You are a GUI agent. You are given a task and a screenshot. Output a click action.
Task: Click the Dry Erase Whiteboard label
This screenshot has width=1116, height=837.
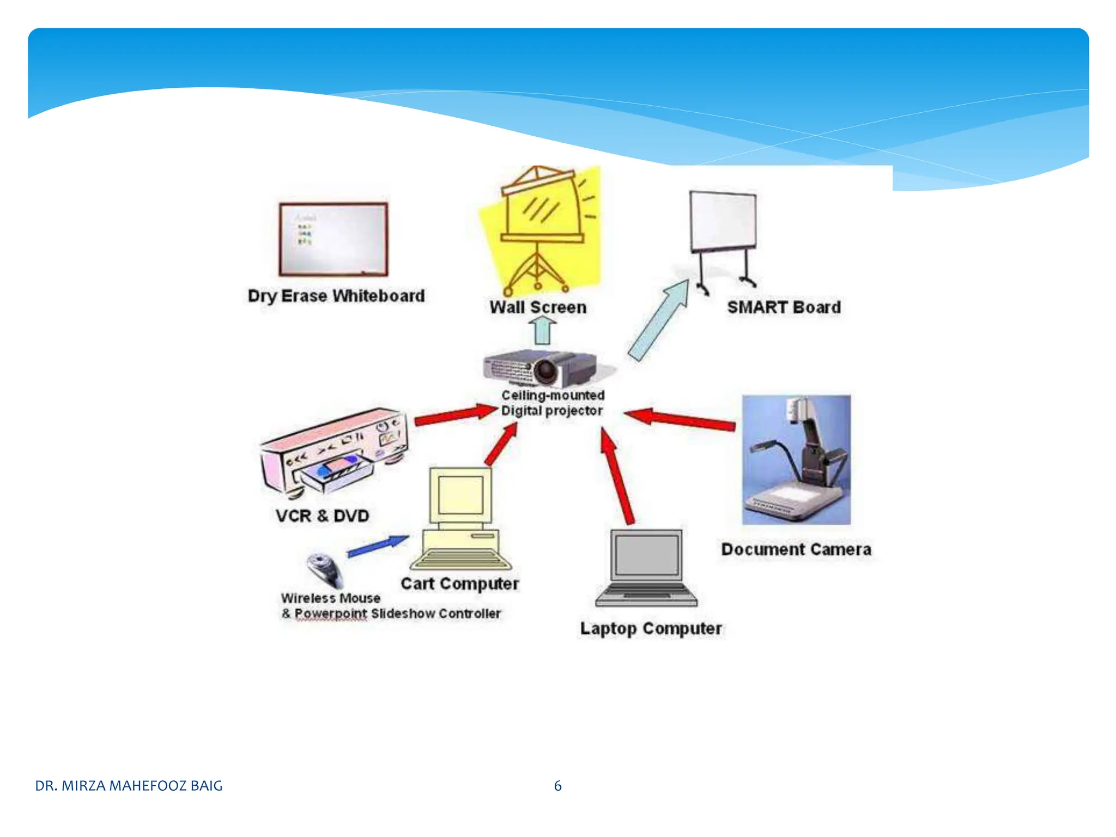(336, 296)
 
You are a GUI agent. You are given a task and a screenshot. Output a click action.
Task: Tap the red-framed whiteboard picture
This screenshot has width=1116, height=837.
(333, 240)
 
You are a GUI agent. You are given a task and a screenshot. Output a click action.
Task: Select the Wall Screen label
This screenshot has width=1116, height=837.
(538, 307)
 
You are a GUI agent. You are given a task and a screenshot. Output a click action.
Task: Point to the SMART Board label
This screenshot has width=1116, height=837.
(784, 307)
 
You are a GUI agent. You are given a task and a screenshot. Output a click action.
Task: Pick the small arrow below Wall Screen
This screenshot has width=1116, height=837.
(542, 330)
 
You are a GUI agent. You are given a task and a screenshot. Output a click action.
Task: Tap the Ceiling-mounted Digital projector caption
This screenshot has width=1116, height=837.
(553, 403)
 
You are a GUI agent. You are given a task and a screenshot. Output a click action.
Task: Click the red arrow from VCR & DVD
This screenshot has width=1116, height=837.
(455, 415)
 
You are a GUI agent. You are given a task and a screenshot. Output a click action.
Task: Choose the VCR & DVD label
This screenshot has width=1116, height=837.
(322, 515)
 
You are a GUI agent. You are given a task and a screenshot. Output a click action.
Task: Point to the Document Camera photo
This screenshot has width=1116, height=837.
(796, 460)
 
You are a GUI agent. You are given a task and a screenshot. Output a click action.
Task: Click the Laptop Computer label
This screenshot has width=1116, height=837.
(651, 628)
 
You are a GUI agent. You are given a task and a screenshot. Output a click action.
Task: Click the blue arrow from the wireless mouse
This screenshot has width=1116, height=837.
(378, 546)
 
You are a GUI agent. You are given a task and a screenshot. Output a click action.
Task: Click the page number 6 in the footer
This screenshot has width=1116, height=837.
(557, 786)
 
